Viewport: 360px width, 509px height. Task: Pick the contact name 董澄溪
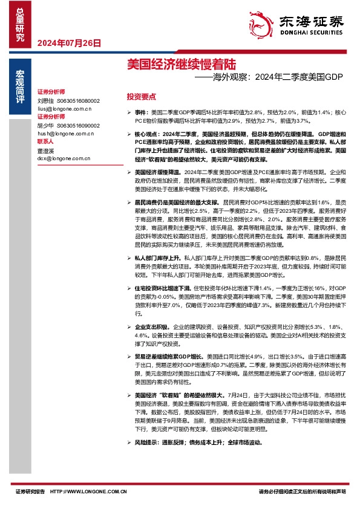point(45,152)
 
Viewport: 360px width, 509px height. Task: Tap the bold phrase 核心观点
point(146,132)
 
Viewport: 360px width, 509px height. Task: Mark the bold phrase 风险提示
point(147,443)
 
